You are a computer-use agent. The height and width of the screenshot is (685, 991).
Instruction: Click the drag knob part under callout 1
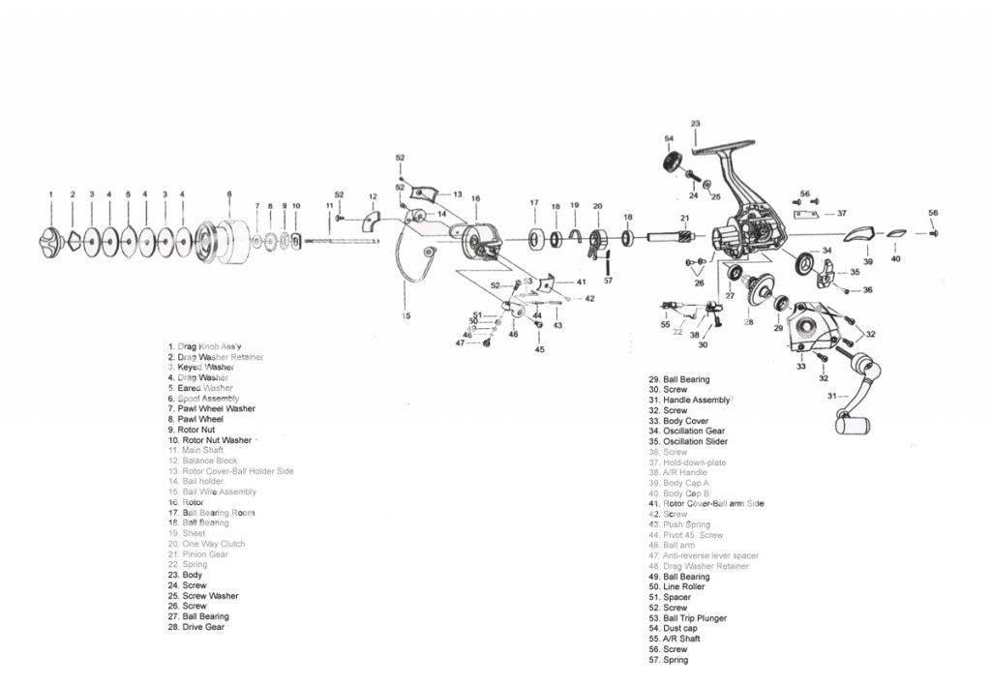pyautogui.click(x=51, y=240)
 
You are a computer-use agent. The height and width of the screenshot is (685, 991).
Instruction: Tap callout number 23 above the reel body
pyautogui.click(x=695, y=124)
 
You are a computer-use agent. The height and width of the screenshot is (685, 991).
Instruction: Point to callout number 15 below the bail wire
pyautogui.click(x=406, y=315)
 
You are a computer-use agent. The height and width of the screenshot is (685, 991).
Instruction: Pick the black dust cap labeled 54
pyautogui.click(x=675, y=162)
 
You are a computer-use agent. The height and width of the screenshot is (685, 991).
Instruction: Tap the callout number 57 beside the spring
pyautogui.click(x=608, y=281)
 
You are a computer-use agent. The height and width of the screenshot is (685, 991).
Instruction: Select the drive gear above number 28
pyautogui.click(x=761, y=288)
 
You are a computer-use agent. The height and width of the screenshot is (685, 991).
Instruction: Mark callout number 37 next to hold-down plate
pyautogui.click(x=842, y=214)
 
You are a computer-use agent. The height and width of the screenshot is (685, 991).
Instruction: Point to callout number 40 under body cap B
pyautogui.click(x=895, y=258)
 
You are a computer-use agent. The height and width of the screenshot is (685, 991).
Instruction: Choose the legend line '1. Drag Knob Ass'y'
pyautogui.click(x=204, y=346)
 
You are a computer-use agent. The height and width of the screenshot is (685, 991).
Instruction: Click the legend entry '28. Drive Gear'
pyautogui.click(x=196, y=627)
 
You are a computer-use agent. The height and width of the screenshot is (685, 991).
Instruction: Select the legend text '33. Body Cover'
pyautogui.click(x=678, y=421)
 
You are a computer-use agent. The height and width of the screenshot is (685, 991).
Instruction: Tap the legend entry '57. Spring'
pyautogui.click(x=669, y=660)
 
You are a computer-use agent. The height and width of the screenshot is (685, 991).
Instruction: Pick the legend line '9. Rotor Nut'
pyautogui.click(x=195, y=430)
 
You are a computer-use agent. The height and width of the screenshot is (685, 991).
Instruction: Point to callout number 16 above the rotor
pyautogui.click(x=475, y=198)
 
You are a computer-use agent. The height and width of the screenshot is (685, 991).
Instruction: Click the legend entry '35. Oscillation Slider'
pyautogui.click(x=688, y=442)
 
